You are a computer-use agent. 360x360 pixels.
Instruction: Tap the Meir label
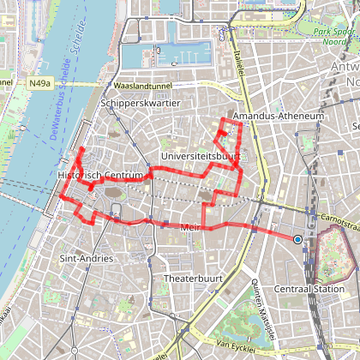[190, 227]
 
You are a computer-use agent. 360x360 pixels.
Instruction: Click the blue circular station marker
[297, 239]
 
